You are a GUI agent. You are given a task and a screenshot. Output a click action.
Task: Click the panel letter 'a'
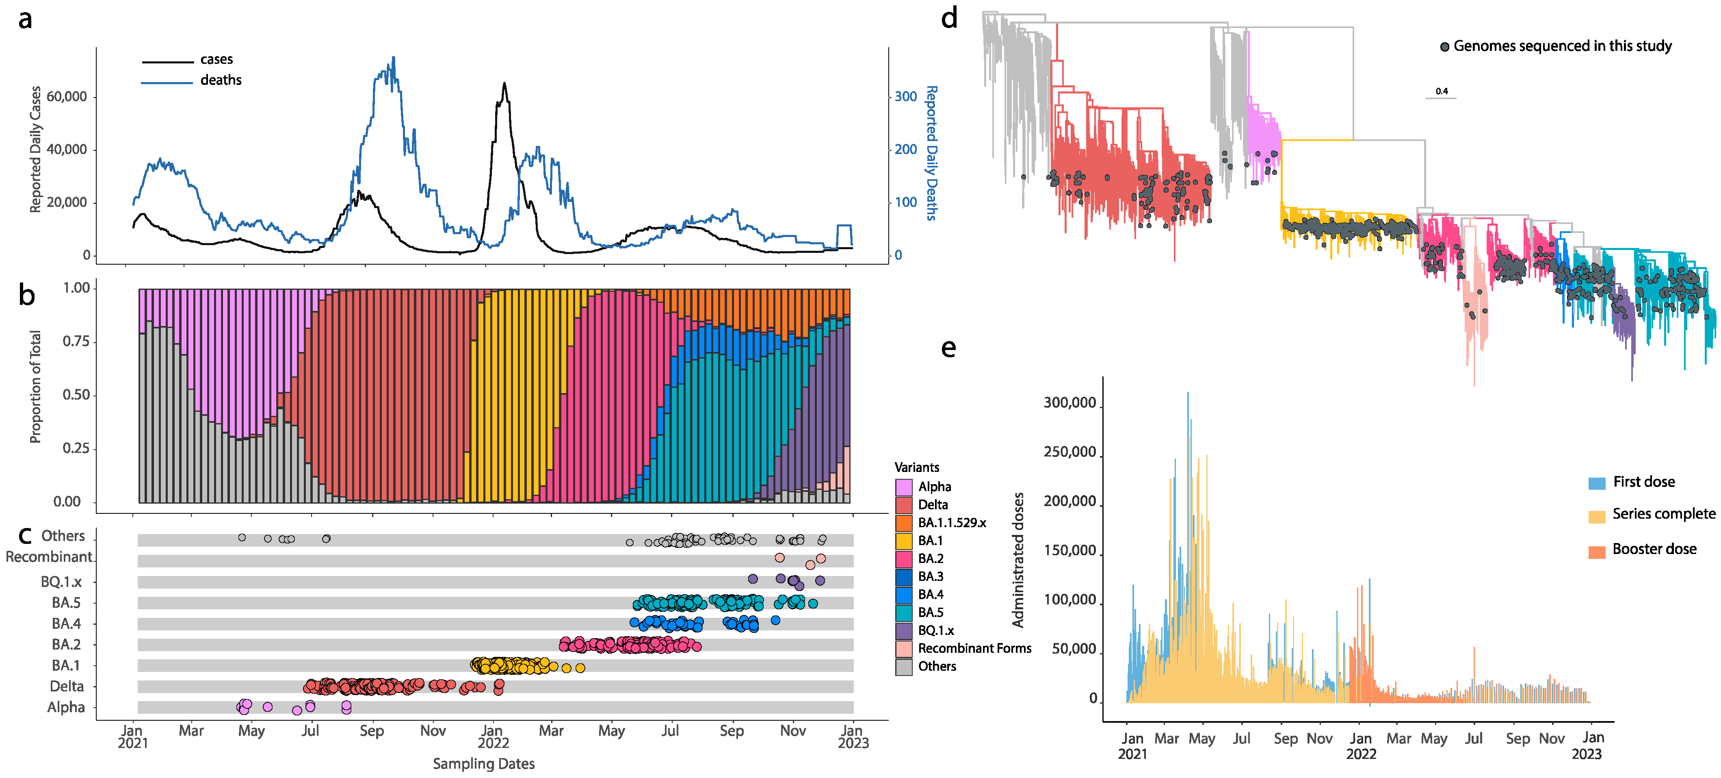pos(25,20)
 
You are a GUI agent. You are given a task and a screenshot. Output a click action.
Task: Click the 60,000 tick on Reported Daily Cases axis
pos(67,97)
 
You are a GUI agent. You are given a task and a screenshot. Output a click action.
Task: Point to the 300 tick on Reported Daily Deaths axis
pos(905,97)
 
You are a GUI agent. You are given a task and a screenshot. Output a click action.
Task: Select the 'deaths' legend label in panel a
pos(221,80)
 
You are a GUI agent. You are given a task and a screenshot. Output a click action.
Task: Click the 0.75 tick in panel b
pos(76,341)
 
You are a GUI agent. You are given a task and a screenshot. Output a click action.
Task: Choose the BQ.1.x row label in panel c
pos(61,582)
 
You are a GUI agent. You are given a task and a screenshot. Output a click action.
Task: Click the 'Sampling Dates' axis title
pos(484,763)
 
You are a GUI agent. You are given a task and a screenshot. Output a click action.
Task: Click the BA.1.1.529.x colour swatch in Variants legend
pos(904,523)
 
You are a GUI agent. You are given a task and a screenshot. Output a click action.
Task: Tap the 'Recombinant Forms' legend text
pos(974,648)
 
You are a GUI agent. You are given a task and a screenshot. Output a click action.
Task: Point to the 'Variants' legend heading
pos(917,467)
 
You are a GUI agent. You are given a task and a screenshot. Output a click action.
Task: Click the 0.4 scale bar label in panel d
pos(1442,91)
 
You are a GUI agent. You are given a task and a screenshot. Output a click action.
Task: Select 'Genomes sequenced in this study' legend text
pos(1562,46)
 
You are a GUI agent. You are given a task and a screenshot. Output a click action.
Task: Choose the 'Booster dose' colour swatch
pos(1597,552)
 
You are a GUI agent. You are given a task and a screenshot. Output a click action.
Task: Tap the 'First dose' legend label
pos(1643,482)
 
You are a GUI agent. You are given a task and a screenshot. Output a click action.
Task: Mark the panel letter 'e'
pos(948,348)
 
